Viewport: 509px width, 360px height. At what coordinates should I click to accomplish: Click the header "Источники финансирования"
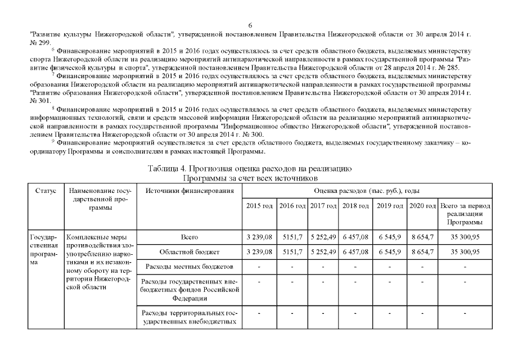tap(189, 192)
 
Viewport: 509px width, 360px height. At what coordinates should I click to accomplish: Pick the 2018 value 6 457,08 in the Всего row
tap(355, 237)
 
